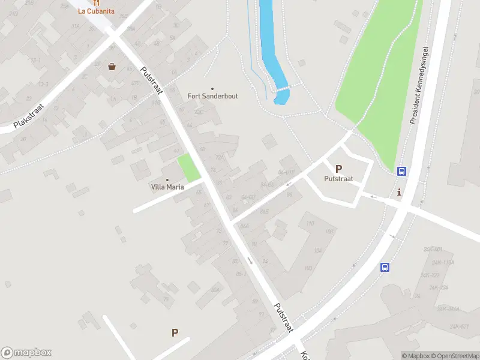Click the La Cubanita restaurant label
(x=96, y=11)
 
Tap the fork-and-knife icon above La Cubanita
(x=96, y=2)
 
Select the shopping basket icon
(x=112, y=67)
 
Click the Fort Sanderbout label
(x=212, y=96)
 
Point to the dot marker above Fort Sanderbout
(x=212, y=88)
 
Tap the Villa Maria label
(x=167, y=187)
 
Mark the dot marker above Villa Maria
(x=167, y=179)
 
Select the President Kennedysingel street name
(x=422, y=85)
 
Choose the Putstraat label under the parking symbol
(x=338, y=179)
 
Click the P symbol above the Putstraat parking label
(x=338, y=169)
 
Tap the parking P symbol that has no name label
(x=175, y=332)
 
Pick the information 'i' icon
(x=400, y=192)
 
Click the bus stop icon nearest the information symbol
(x=401, y=171)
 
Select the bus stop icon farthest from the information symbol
(x=385, y=268)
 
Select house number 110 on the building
(x=310, y=224)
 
